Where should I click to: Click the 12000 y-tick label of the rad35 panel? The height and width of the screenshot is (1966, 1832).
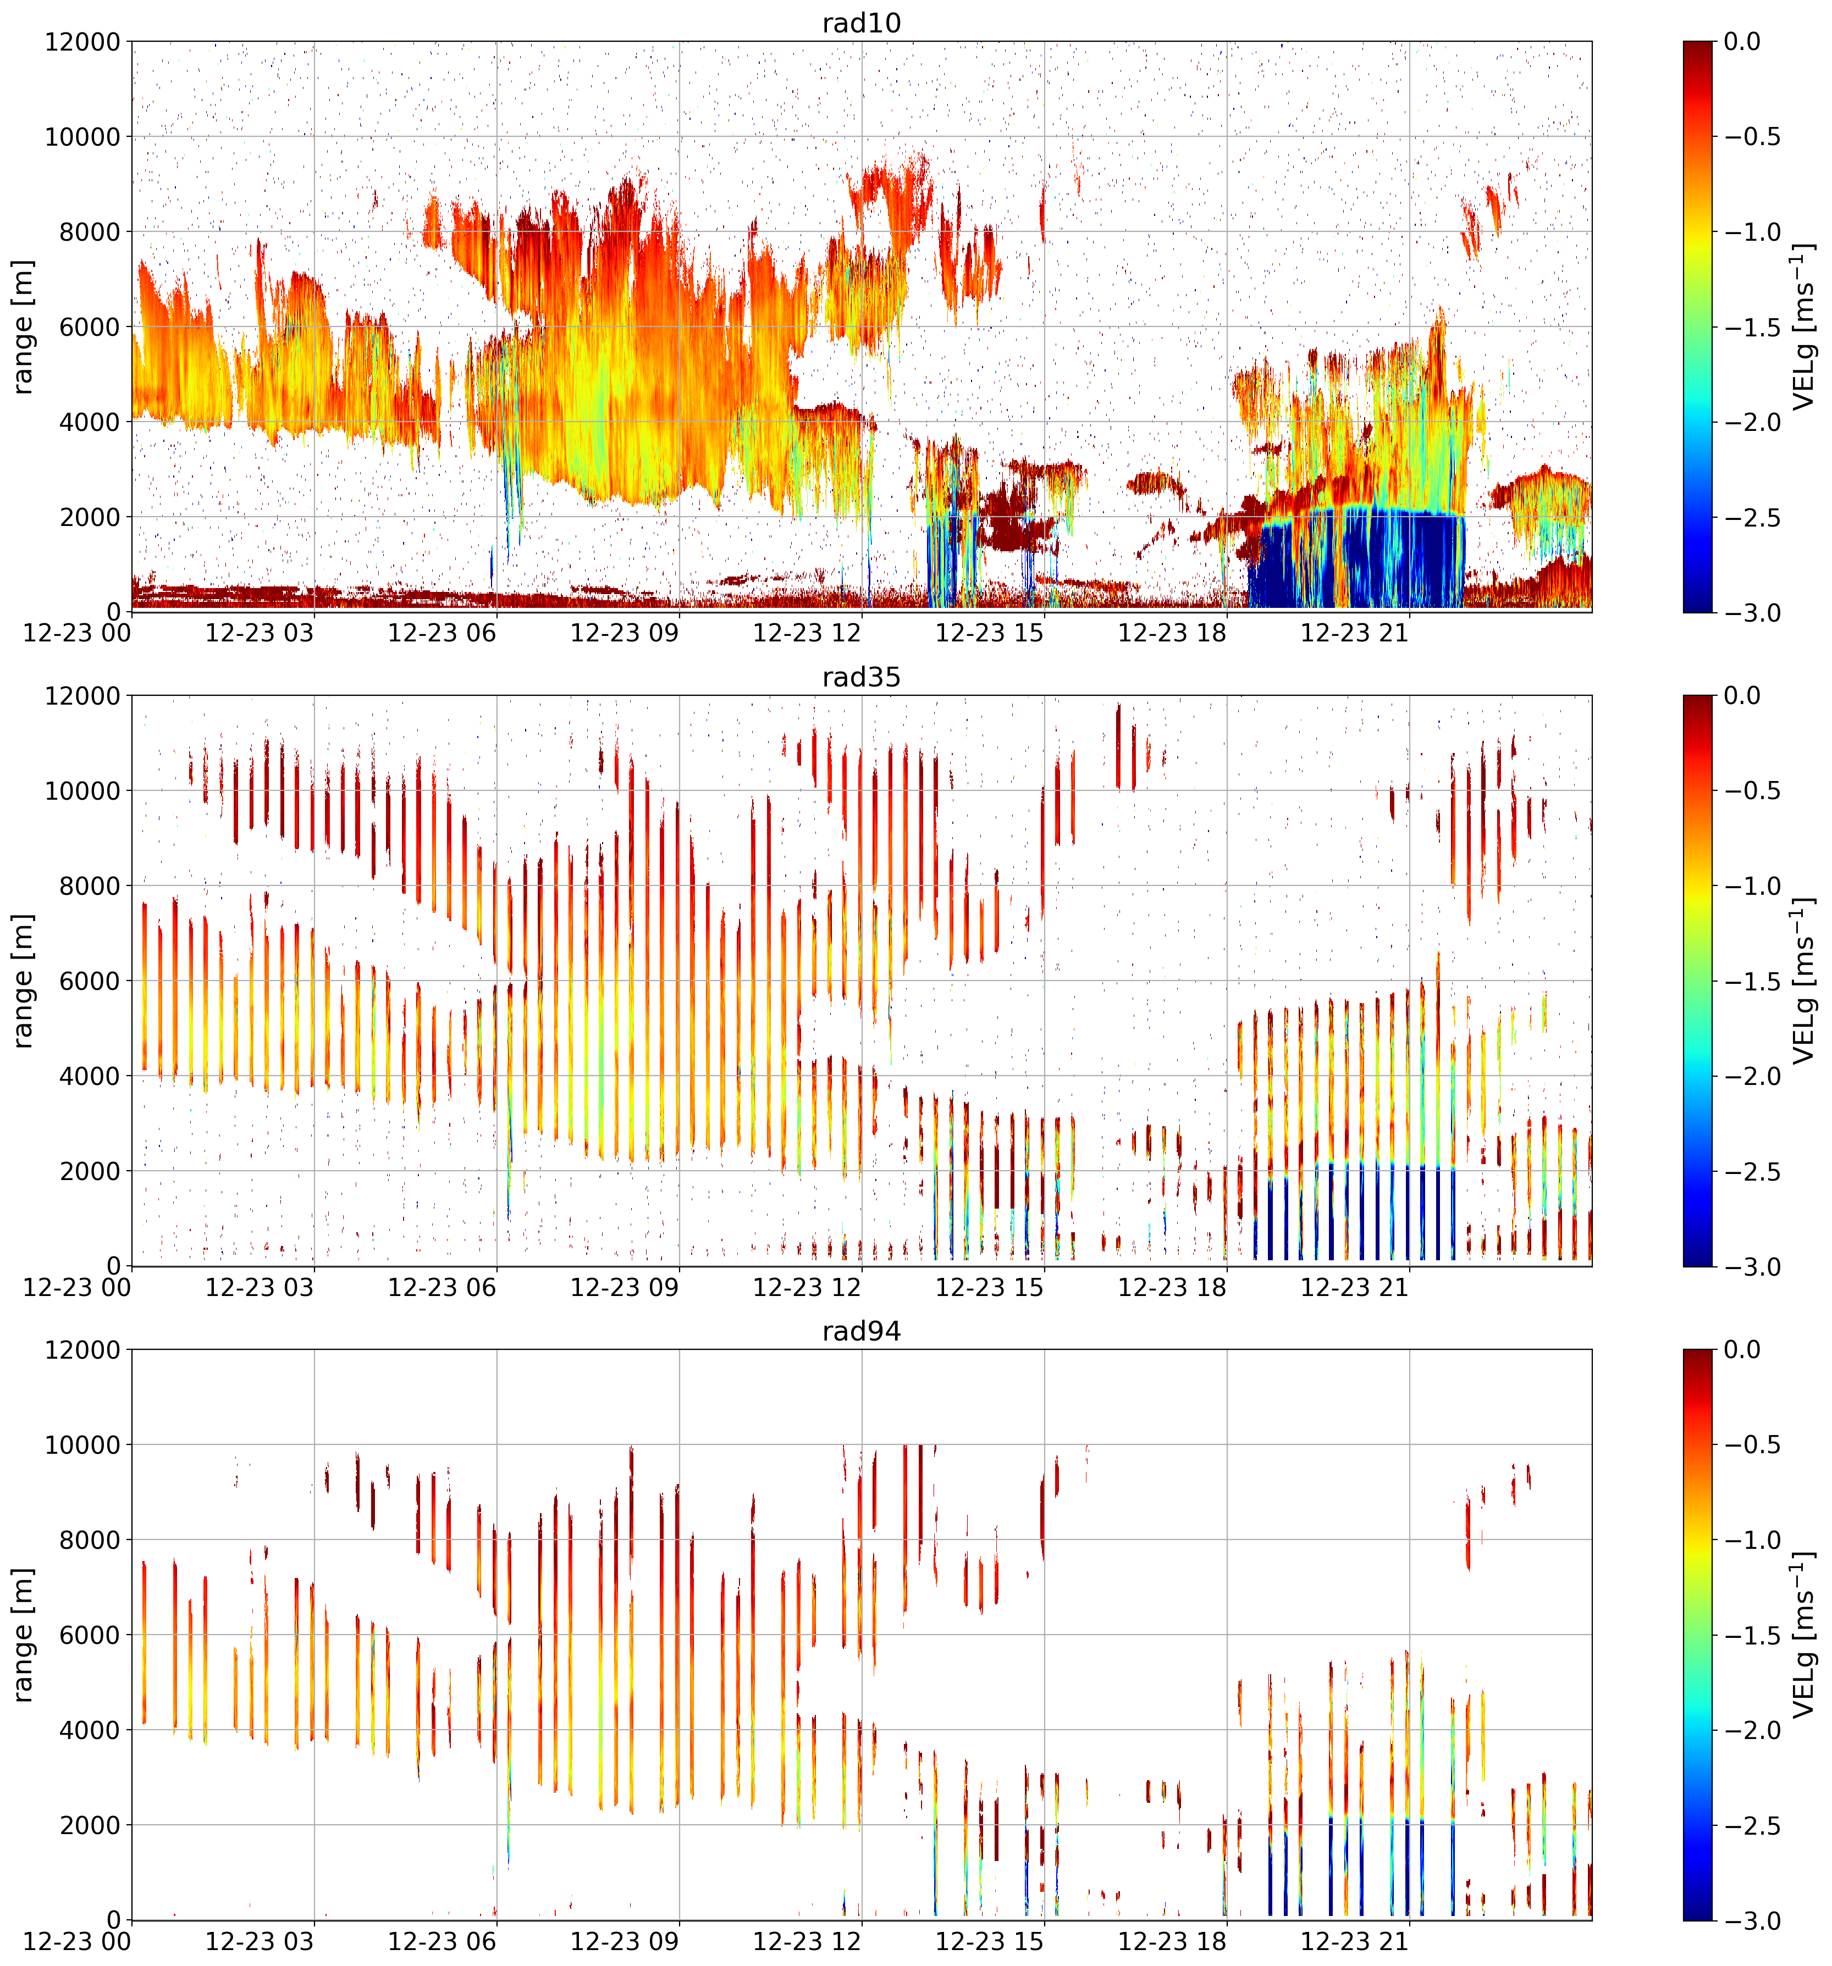tap(83, 696)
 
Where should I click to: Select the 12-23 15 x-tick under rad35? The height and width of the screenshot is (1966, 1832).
tap(989, 1288)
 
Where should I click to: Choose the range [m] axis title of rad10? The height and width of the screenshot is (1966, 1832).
tap(22, 328)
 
